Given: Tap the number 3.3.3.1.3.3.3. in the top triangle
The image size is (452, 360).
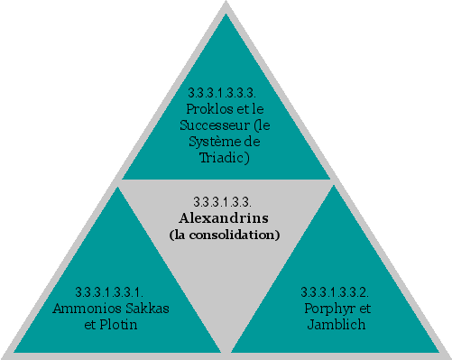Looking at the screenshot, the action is [223, 93].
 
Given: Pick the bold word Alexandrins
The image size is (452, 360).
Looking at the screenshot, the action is [225, 218].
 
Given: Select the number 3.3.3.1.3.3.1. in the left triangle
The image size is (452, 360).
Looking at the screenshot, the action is [109, 292].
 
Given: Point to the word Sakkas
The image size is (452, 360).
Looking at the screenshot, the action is [145, 309].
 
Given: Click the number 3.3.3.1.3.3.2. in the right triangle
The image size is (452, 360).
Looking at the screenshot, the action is [335, 292].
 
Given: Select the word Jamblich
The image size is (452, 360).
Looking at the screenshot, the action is [336, 324].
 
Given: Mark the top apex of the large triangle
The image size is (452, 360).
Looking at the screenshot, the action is [226, 4].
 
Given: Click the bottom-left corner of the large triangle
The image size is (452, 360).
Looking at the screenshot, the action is [4, 355].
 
